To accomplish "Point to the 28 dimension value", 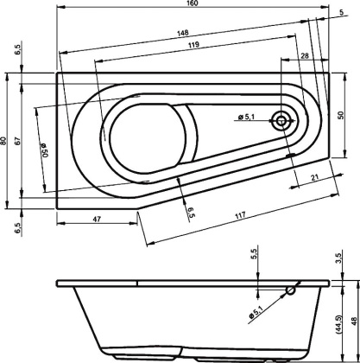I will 306,54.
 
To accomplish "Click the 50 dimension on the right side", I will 342,114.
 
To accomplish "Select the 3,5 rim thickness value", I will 342,257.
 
